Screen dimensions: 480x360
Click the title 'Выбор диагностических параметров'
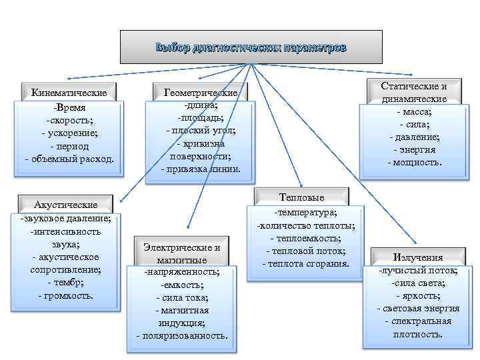[x=251, y=47]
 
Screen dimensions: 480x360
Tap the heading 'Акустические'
[x=65, y=205]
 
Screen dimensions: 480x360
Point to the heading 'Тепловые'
[x=302, y=197]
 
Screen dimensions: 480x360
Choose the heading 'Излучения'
[x=418, y=257]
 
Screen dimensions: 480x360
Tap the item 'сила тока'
[x=182, y=297]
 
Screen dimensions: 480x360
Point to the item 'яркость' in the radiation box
[x=418, y=295]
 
